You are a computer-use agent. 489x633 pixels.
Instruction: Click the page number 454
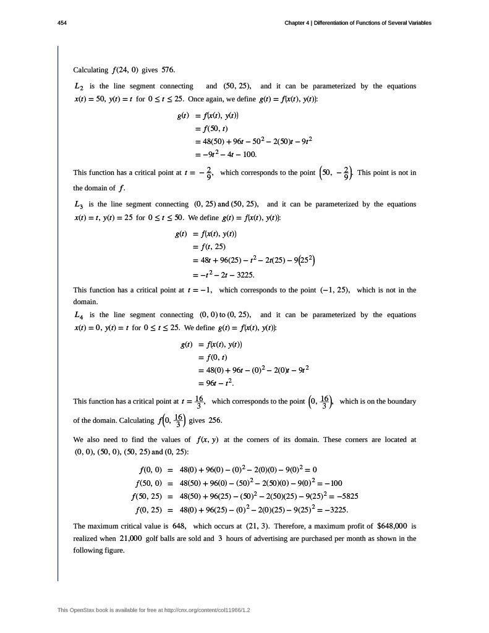61,23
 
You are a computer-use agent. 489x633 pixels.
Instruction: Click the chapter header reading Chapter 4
357,23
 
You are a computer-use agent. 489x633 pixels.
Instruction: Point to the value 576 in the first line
168,70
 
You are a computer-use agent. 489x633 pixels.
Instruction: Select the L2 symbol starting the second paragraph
79,86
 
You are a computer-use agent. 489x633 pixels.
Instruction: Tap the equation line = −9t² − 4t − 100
225,155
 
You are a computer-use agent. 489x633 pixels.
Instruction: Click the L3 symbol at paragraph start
79,204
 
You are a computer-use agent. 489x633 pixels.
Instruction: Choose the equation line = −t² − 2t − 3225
224,274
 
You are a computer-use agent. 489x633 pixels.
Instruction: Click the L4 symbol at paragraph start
79,315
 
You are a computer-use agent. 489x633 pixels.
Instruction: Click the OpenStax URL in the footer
202,610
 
